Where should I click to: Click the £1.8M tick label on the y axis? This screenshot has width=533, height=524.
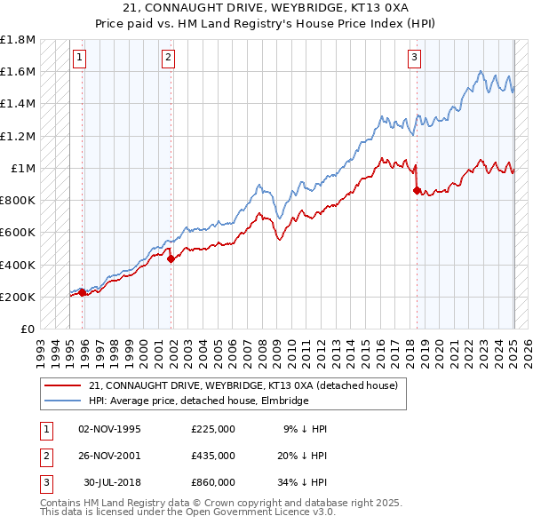pos(18,40)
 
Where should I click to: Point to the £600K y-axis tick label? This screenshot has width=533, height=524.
pos(18,233)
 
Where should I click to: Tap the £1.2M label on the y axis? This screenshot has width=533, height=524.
pos(18,136)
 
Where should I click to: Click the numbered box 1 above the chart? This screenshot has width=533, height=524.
pos(79,59)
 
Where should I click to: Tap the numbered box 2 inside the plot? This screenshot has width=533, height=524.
pos(168,59)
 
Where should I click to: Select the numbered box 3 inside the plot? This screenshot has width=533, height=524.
pos(414,59)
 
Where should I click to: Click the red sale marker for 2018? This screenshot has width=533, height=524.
pos(416,190)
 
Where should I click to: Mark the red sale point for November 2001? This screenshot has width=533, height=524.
pos(171,258)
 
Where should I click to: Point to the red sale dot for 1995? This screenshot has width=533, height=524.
pos(82,292)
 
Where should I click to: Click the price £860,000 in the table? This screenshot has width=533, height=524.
pos(213,482)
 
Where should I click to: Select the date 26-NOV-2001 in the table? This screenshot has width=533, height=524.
pos(109,456)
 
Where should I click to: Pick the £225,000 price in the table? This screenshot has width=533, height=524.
pos(213,429)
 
